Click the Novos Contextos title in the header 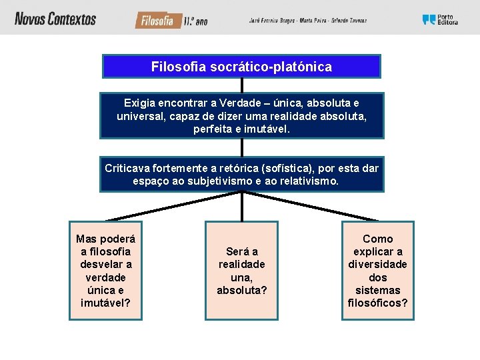tap(55, 19)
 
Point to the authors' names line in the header tap(307, 21)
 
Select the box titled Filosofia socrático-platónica tap(241, 67)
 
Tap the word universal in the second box tap(141, 115)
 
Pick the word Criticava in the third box tap(128, 168)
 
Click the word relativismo tap(309, 181)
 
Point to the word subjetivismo tap(200, 181)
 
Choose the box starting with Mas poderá tap(105, 271)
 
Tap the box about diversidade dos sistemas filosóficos tap(377, 271)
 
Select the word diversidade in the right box tap(377, 265)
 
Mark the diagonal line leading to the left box tap(173, 207)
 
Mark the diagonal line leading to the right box tap(310, 207)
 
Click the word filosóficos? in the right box tap(377, 303)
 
